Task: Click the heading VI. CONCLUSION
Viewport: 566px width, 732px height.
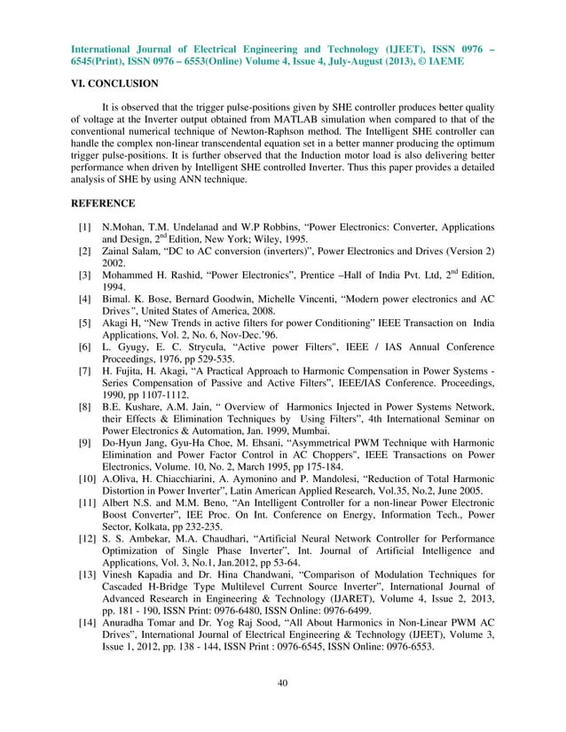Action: [114, 84]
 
